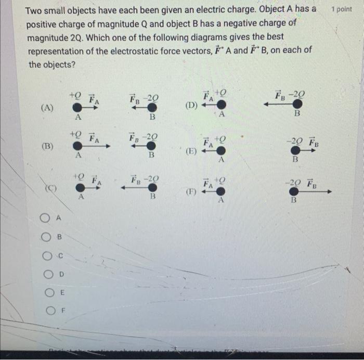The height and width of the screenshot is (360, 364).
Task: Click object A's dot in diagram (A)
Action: (77, 107)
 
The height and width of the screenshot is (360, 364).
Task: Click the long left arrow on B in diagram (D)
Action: (279, 104)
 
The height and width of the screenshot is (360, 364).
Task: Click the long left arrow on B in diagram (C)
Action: (136, 188)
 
